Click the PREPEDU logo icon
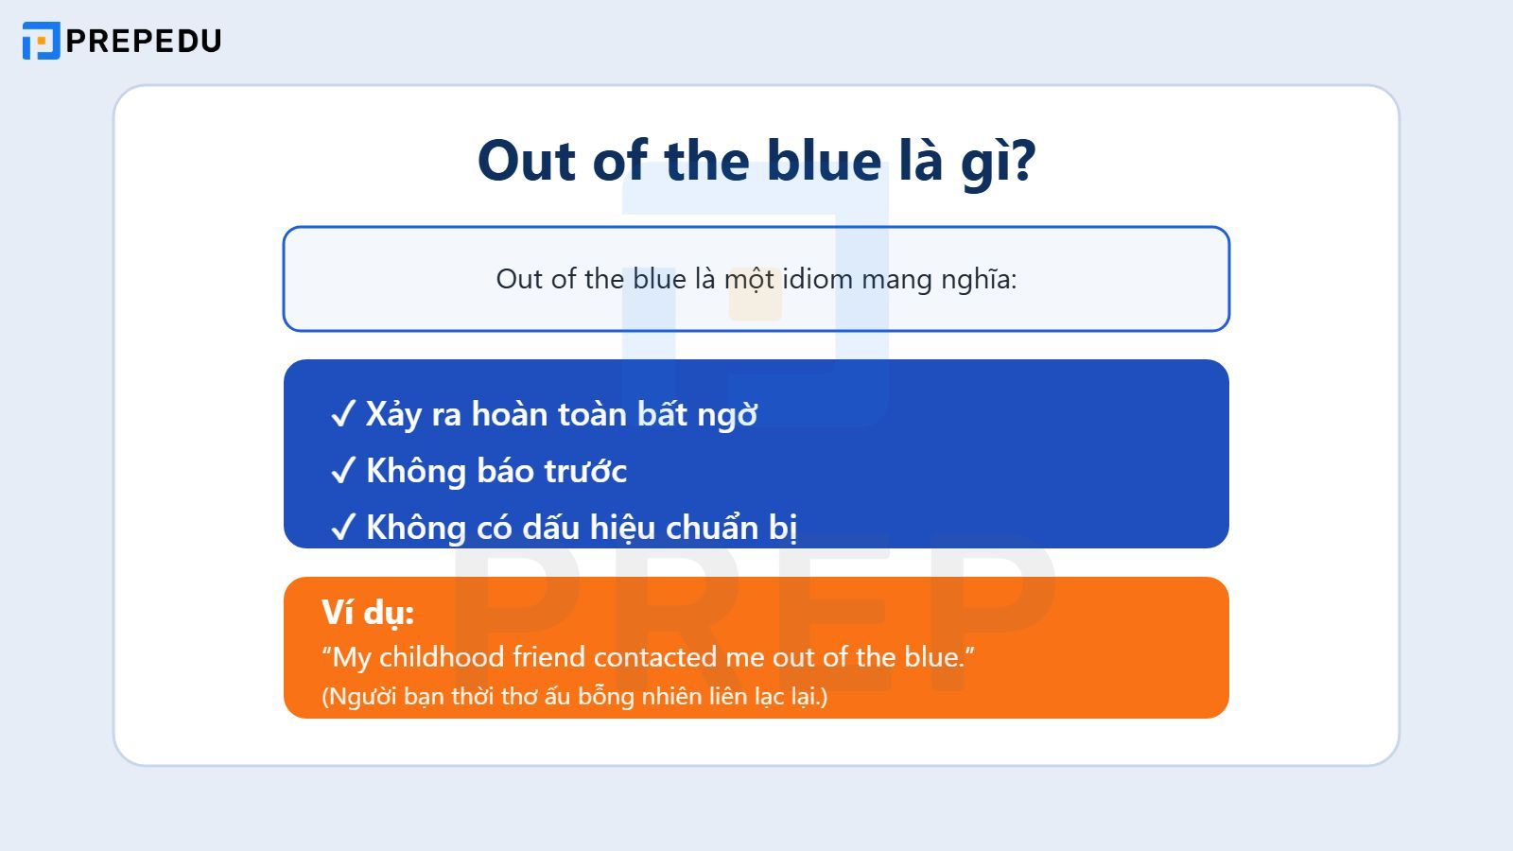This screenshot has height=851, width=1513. point(41,41)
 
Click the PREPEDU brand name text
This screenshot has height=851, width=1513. point(144,41)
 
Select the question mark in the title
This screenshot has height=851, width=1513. point(1021,161)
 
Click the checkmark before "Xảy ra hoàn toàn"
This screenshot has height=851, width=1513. point(342,414)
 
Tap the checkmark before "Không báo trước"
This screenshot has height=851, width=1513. point(342,471)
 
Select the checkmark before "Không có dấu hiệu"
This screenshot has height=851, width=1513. point(342,527)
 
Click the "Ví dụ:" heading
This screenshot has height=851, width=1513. point(368,613)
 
